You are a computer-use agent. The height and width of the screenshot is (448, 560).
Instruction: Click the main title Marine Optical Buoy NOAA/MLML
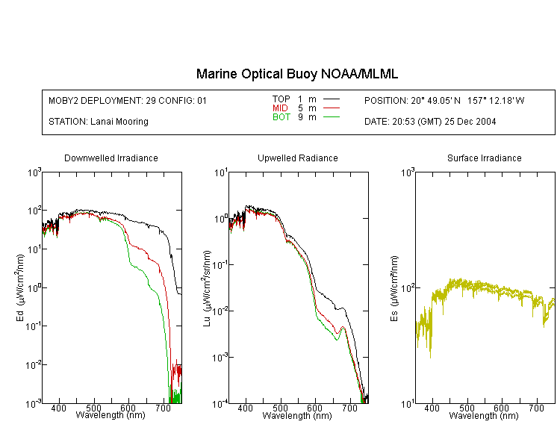click(296, 74)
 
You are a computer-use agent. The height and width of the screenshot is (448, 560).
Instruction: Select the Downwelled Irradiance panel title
click(111, 158)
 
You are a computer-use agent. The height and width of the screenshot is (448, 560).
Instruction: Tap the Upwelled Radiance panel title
click(298, 158)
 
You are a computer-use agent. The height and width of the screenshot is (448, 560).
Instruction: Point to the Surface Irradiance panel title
click(485, 158)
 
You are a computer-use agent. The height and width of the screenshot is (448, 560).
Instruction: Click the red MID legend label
click(280, 108)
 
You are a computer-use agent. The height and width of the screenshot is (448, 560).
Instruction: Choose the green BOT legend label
click(281, 117)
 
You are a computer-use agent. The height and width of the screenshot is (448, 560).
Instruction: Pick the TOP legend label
click(281, 99)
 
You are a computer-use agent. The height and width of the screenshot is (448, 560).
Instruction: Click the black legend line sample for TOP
click(332, 99)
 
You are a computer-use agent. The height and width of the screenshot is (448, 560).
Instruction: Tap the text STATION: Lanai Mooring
click(99, 122)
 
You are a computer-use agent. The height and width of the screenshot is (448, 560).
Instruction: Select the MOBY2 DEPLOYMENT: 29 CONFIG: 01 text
click(128, 101)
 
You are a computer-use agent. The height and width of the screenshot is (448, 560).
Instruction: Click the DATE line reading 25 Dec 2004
click(430, 122)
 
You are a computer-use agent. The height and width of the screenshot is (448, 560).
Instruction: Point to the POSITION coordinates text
click(444, 101)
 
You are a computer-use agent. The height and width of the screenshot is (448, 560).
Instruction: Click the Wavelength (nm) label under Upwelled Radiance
click(297, 415)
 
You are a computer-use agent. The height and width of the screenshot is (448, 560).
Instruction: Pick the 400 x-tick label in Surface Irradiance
click(432, 408)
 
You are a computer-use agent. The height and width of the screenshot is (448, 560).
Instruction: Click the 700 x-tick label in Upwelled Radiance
click(349, 408)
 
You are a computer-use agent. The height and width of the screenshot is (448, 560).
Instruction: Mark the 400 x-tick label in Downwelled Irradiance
click(58, 408)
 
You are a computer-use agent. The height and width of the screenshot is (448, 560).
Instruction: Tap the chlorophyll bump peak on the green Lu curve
click(343, 328)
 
